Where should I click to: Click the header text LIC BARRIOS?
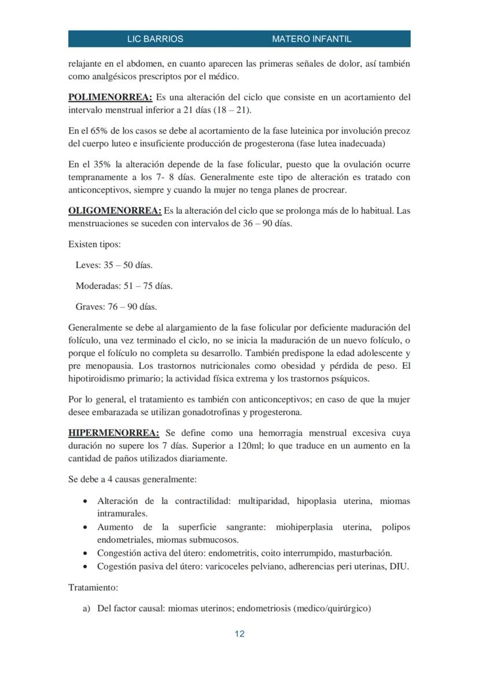click(x=155, y=39)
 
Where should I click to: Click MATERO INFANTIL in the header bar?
click(x=311, y=39)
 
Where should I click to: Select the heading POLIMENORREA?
click(x=110, y=97)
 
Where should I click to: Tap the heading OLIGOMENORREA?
click(x=115, y=210)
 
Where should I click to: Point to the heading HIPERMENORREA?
click(x=113, y=432)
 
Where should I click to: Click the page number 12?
click(x=239, y=634)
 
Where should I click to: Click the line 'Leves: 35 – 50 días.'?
click(x=114, y=265)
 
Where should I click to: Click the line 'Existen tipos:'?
click(x=94, y=244)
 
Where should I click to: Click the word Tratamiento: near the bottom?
click(x=93, y=587)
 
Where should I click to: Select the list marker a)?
click(x=87, y=608)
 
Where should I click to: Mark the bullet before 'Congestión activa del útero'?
click(x=86, y=553)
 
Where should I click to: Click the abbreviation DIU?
click(x=399, y=566)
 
